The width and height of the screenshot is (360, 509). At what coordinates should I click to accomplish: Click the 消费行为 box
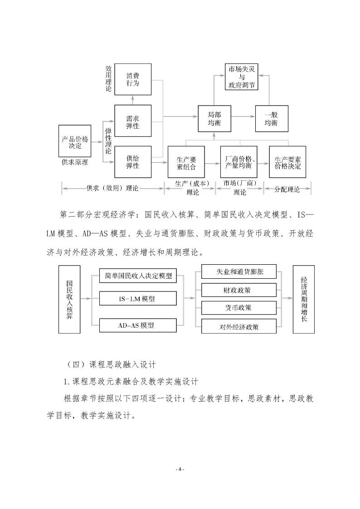[133, 79]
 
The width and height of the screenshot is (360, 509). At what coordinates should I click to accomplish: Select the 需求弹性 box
[133, 121]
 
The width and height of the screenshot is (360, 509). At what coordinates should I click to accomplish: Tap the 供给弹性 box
[133, 162]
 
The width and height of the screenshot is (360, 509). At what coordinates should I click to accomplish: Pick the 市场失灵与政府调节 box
[242, 77]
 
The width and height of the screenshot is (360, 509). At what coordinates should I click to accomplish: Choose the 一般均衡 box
[272, 119]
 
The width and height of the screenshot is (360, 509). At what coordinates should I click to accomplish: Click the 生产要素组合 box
[186, 162]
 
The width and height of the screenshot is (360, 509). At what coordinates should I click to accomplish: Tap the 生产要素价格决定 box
[287, 162]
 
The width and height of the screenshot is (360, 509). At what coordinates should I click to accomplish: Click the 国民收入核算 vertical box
[69, 299]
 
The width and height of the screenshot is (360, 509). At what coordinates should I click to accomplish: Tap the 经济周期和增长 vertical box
[303, 299]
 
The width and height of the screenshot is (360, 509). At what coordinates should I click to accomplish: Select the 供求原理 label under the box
[75, 162]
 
